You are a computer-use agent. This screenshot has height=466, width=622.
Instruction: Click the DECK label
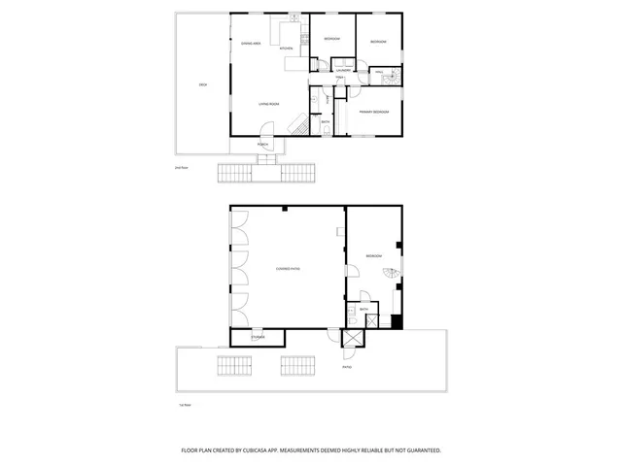203,85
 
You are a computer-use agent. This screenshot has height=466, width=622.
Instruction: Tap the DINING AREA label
250,44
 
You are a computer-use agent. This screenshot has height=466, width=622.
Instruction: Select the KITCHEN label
286,49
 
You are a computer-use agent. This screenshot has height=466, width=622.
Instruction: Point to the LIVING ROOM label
269,103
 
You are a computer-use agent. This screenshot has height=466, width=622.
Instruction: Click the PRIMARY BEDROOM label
374,113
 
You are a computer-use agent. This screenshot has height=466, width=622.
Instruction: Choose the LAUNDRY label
343,71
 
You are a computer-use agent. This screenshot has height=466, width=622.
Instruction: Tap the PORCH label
262,144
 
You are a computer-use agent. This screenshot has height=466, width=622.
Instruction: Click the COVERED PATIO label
287,268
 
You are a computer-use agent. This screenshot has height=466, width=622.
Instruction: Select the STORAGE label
258,337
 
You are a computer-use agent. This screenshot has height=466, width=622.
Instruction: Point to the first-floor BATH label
363,309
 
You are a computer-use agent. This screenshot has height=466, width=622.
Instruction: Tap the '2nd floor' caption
180,168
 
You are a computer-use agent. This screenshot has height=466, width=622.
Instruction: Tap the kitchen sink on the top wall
293,18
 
